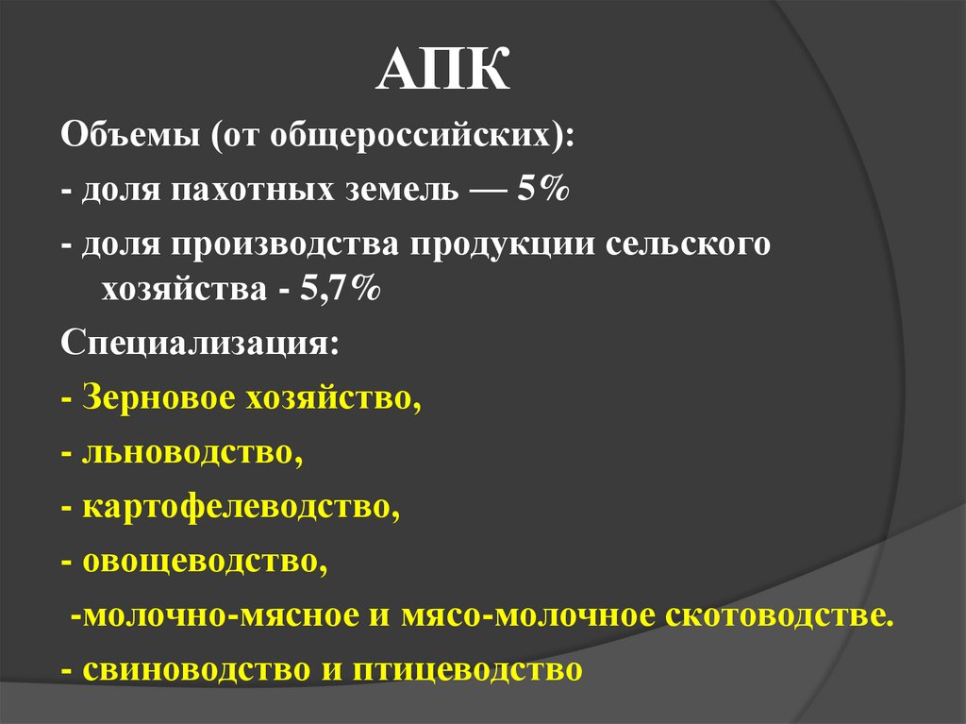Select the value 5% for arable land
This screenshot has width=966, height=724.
(x=541, y=191)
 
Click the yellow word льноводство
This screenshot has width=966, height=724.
(x=192, y=453)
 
